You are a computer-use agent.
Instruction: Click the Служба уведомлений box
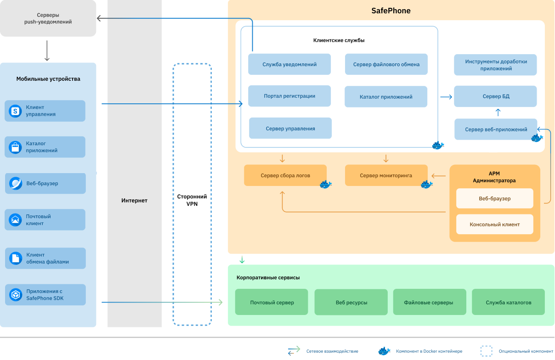click(x=289, y=64)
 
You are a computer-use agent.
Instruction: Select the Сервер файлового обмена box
click(x=386, y=64)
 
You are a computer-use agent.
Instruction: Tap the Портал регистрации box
click(x=289, y=96)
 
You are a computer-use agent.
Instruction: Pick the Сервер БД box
click(x=495, y=96)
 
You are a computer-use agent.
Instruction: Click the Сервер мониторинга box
click(x=386, y=175)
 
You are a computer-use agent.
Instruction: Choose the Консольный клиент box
click(x=494, y=225)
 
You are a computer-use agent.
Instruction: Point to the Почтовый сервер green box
click(x=272, y=302)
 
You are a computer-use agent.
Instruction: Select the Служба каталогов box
click(x=508, y=302)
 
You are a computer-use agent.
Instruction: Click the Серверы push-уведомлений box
click(x=48, y=18)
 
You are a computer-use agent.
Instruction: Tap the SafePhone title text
click(x=391, y=11)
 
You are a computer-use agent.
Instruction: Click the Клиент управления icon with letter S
click(x=16, y=111)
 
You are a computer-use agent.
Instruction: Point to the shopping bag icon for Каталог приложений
click(x=16, y=147)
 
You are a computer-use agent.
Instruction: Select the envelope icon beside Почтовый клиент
click(x=16, y=220)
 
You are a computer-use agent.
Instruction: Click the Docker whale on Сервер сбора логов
click(x=326, y=185)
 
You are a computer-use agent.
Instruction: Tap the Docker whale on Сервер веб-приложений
click(x=537, y=138)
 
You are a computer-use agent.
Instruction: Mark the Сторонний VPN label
click(x=192, y=200)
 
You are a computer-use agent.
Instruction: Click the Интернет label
click(x=134, y=200)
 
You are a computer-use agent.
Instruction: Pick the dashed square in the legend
click(x=486, y=351)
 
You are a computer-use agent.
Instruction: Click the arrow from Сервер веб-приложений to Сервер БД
click(x=498, y=112)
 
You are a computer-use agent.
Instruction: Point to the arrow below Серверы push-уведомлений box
click(x=47, y=51)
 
